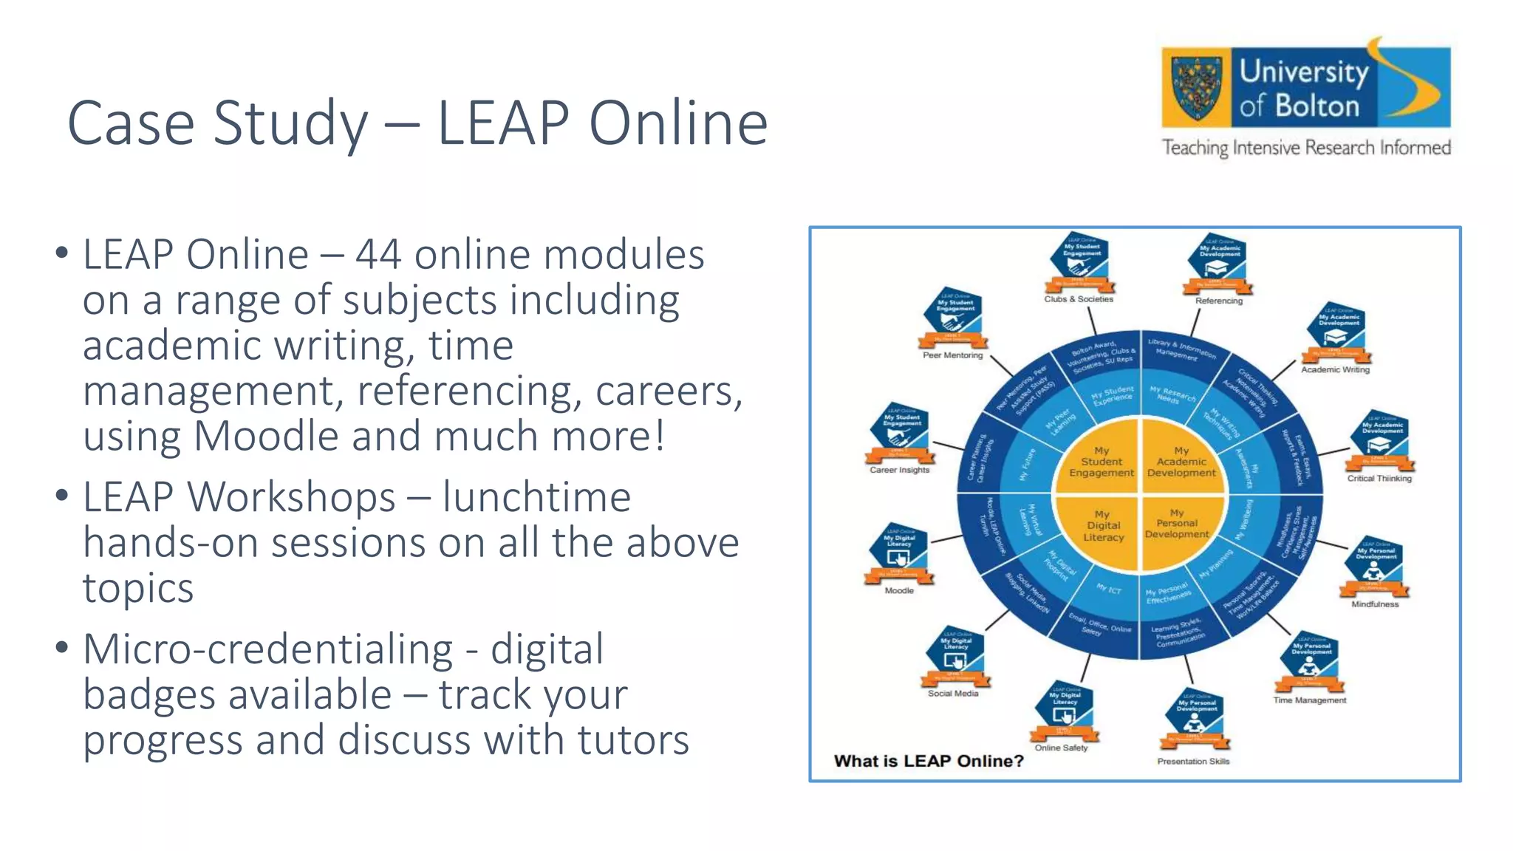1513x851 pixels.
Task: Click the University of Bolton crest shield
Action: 1196,88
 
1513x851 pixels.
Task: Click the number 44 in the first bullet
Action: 378,255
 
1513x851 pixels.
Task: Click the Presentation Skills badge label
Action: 1193,762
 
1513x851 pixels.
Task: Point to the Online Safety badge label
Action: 1061,748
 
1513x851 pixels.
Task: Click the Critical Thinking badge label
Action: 1379,479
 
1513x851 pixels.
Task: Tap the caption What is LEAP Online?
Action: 929,761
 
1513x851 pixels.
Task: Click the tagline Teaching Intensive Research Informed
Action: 1306,148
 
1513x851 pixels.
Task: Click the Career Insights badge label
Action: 899,470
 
